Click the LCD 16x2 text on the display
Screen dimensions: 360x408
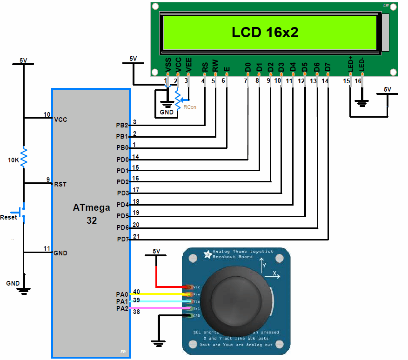265,32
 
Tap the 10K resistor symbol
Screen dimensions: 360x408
24,157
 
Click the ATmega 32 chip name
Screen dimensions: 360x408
92,214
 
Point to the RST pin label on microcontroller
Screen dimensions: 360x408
60,184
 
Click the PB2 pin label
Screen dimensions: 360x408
122,126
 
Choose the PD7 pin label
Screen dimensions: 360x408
122,239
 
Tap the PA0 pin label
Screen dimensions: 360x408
122,294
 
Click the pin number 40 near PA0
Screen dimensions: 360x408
136,292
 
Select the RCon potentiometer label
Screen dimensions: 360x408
190,107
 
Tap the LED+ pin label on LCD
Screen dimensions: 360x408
351,64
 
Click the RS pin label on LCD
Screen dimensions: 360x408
205,67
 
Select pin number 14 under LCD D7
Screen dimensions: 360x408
325,80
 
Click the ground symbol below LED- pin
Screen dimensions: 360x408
361,102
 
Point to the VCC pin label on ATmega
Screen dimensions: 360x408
60,120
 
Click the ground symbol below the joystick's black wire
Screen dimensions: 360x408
159,344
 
